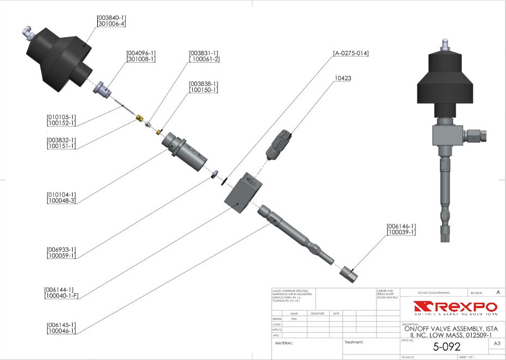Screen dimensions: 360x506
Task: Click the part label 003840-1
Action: point(111,17)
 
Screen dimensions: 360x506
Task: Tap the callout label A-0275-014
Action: point(351,54)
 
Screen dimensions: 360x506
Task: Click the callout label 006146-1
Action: point(402,226)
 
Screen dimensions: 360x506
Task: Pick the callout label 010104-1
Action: point(61,194)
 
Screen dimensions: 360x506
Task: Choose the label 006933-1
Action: point(61,250)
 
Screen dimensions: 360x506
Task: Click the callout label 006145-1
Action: point(61,324)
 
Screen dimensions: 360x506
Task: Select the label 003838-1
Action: point(203,84)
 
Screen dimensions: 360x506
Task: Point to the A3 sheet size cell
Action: point(497,344)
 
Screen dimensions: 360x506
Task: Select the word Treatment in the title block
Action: point(354,343)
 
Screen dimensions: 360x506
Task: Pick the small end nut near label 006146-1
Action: point(349,274)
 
